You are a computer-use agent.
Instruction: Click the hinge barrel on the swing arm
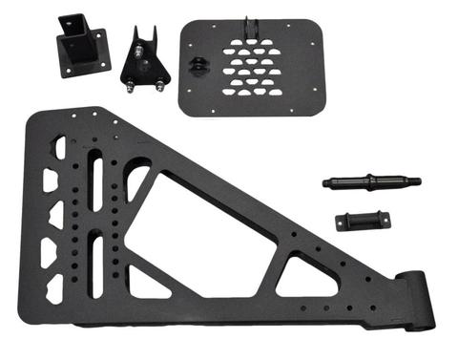(x=418, y=299)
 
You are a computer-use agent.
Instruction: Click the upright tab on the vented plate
(x=252, y=29)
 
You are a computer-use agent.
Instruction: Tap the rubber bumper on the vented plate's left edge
(x=198, y=65)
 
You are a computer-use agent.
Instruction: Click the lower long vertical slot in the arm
(x=96, y=257)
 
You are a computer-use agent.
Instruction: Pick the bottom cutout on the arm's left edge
(x=54, y=286)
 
